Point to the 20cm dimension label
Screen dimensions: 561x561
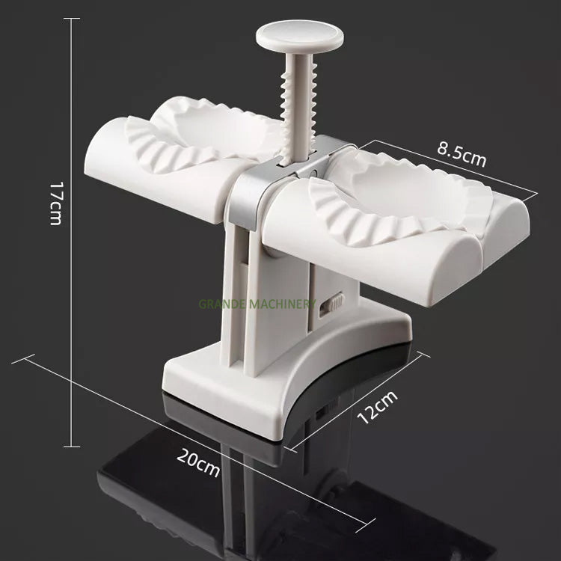pyautogui.click(x=198, y=465)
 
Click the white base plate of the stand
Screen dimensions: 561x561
pyautogui.click(x=284, y=389)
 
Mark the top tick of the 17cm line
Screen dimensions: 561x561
pyautogui.click(x=72, y=19)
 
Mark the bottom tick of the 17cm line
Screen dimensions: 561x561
pyautogui.click(x=72, y=447)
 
